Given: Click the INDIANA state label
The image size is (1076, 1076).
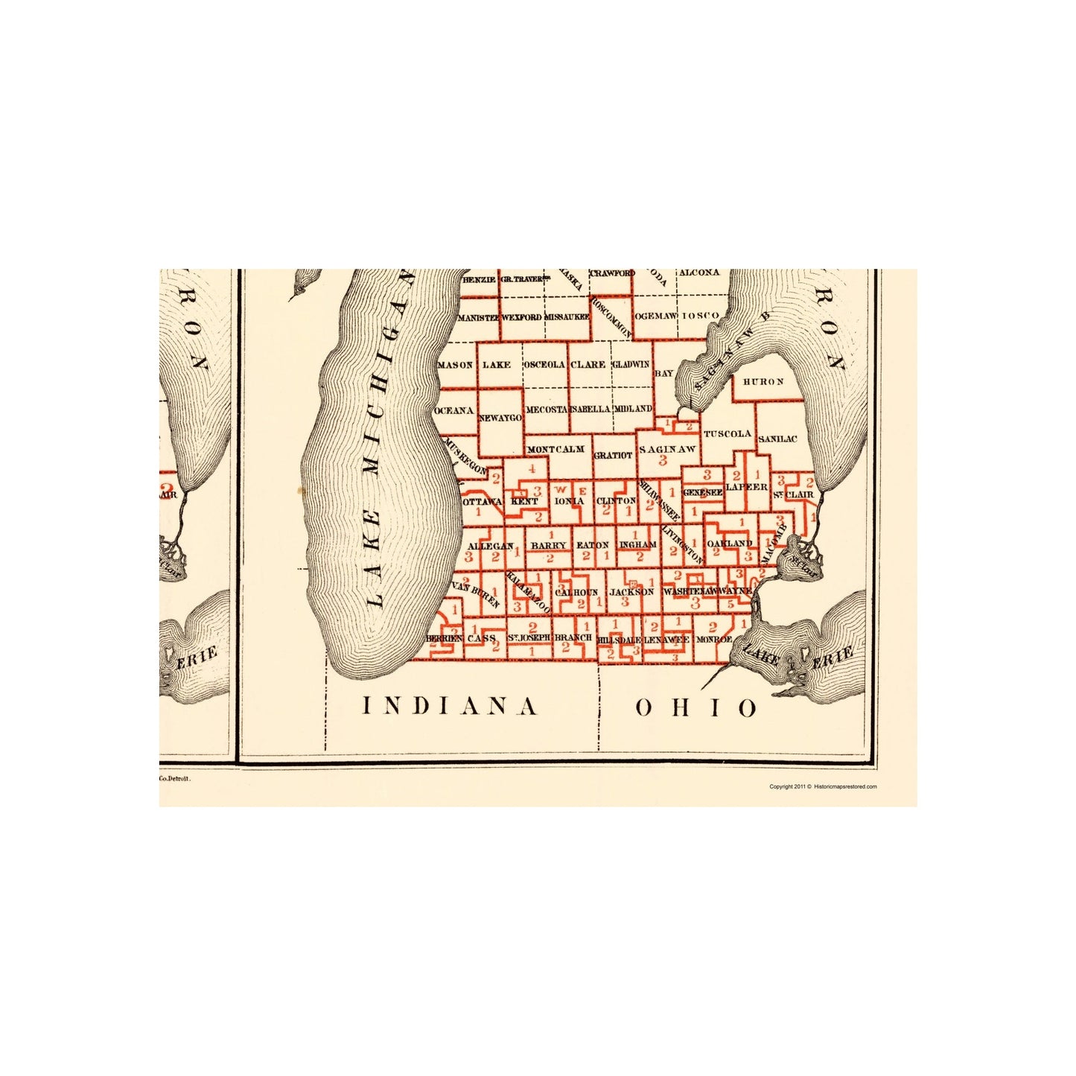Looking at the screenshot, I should coord(449,706).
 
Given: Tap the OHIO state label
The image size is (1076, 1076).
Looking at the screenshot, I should coord(695,707).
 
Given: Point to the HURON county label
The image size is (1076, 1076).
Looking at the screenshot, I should coord(763,381).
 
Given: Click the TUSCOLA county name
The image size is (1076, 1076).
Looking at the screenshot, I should coord(728,433).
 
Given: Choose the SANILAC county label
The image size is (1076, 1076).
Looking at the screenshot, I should coord(777,439).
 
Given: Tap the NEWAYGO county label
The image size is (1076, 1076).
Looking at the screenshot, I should coord(500,418).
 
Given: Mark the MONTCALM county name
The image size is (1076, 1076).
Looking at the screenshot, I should coord(555,449).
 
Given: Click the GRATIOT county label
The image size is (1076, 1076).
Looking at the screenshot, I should coord(613,454).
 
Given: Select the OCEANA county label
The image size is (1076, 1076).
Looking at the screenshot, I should coord(454,410).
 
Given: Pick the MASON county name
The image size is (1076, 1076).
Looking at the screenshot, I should coord(455,365).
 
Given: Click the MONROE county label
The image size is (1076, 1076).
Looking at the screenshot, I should coord(714,639).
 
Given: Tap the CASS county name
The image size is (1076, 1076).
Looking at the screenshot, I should coord(481,638).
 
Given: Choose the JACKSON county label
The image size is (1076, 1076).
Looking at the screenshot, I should coord(631,592).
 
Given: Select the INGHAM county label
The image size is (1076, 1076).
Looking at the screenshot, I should coord(637,544).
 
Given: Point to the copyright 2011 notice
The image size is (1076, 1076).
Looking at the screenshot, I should coord(823,786).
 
